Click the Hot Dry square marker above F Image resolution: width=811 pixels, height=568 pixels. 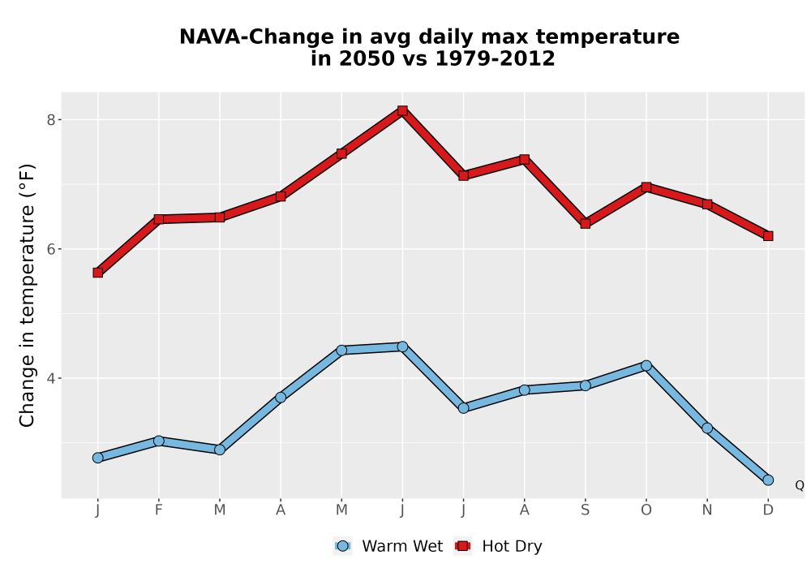[159, 219]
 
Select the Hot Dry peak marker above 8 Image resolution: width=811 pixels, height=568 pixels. [402, 110]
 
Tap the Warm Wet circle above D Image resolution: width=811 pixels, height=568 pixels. [768, 480]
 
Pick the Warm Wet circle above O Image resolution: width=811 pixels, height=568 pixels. [646, 366]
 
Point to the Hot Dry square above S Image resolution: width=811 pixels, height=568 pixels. [585, 223]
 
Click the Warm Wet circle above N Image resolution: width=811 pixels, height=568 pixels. [707, 428]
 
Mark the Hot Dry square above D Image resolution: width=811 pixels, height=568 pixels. [768, 236]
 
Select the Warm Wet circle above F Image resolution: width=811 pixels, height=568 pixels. [159, 441]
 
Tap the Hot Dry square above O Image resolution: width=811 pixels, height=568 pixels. [646, 187]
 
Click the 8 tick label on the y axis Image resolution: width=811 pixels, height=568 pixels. [50, 120]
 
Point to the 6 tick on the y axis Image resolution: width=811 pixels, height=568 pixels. [50, 249]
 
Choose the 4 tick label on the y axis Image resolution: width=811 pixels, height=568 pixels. [50, 379]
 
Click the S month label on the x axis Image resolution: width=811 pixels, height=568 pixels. [585, 510]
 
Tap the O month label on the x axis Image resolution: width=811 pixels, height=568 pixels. [646, 510]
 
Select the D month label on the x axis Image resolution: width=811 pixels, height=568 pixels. [768, 510]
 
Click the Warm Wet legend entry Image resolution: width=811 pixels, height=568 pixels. [388, 546]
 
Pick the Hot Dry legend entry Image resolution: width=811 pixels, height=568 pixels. [498, 546]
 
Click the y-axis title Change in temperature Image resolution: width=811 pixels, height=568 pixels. [27, 295]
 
